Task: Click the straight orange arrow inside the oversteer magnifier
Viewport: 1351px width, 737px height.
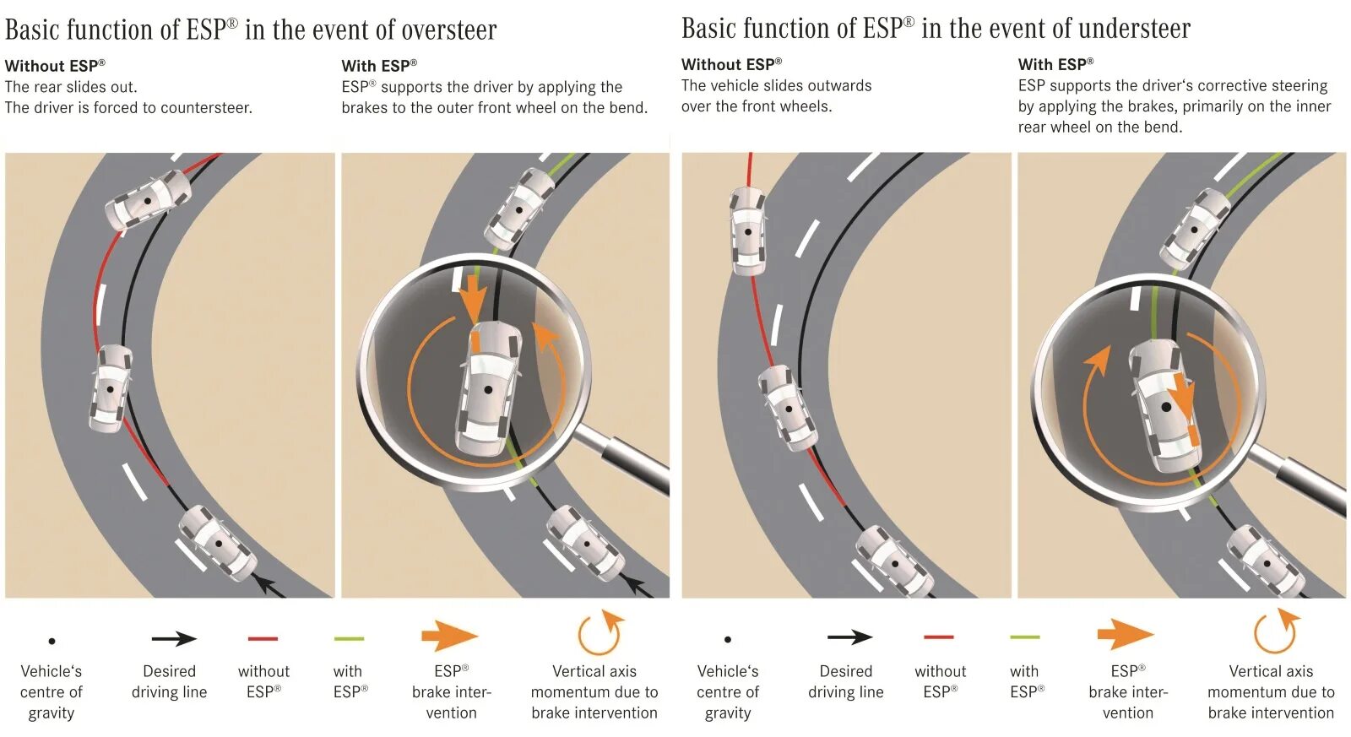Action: (x=474, y=295)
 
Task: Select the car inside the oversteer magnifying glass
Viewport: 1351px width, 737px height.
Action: (x=488, y=388)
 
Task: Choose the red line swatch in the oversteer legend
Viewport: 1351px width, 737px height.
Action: (x=263, y=639)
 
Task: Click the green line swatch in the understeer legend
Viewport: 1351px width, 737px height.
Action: (x=1024, y=637)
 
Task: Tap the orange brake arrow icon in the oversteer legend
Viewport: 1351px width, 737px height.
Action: (x=449, y=636)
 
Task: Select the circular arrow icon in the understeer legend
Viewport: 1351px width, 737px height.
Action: (x=1274, y=632)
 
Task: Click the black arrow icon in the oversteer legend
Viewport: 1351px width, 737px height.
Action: (x=174, y=639)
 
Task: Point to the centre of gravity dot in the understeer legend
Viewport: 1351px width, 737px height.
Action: (x=728, y=640)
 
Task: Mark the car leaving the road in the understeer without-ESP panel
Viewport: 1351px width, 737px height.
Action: (x=747, y=230)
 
